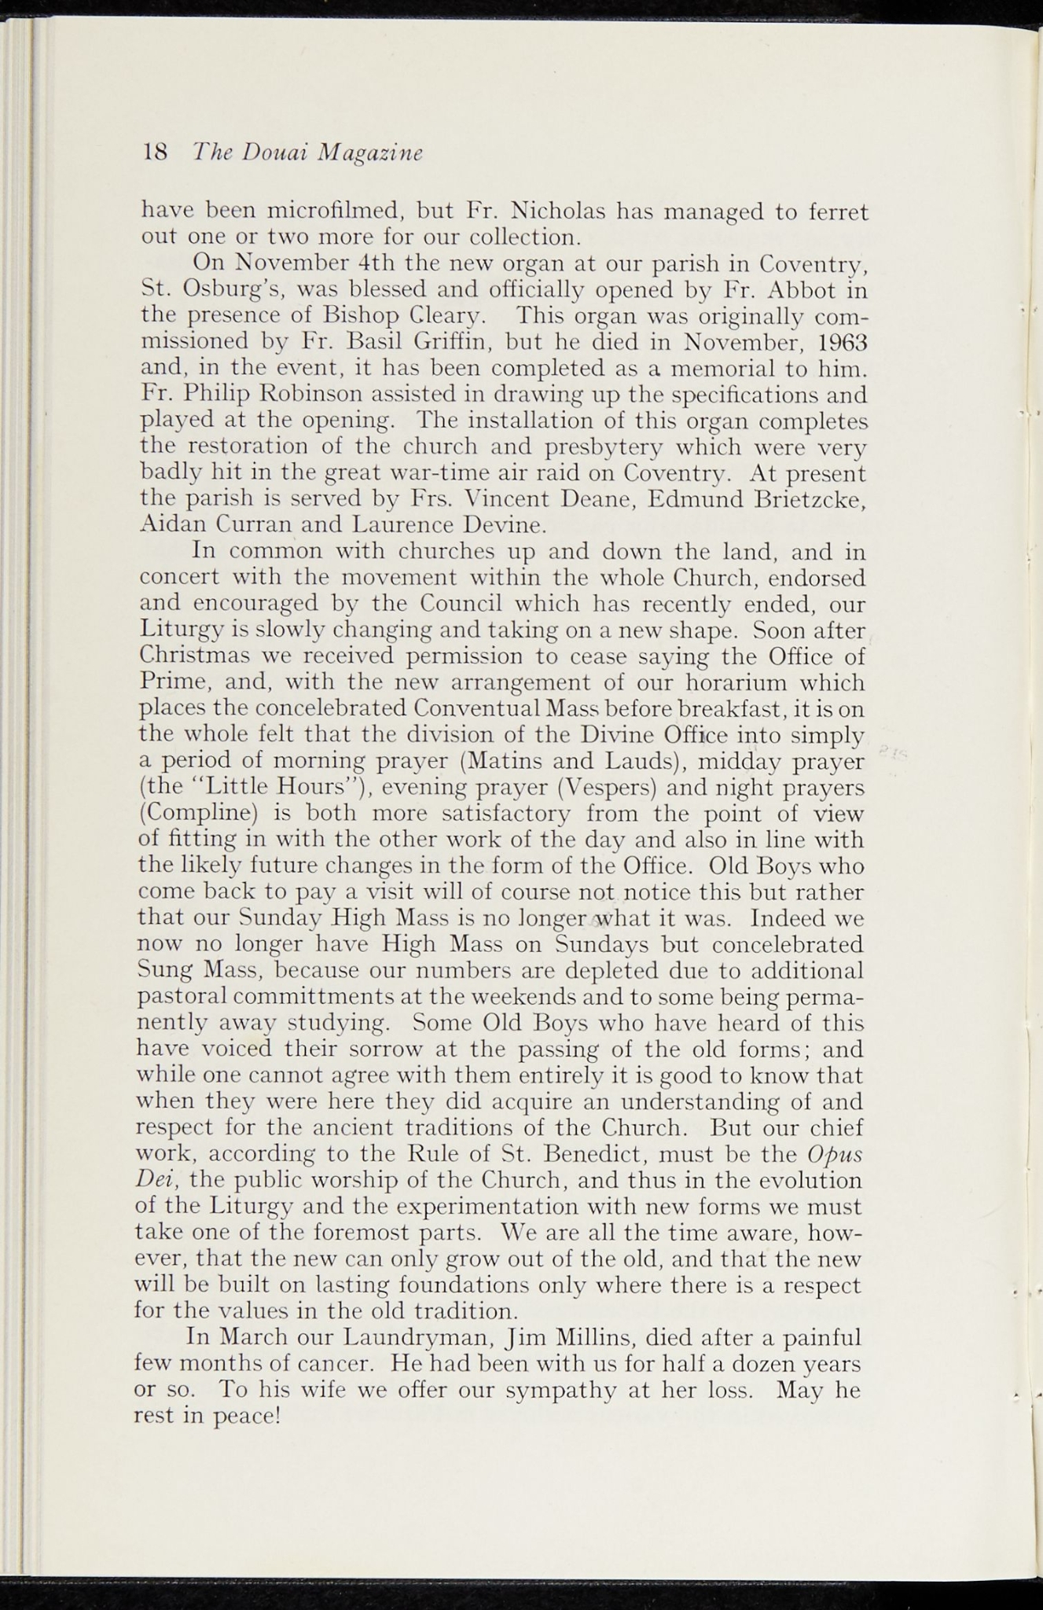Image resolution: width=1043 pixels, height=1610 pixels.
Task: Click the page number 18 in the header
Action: pos(154,152)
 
